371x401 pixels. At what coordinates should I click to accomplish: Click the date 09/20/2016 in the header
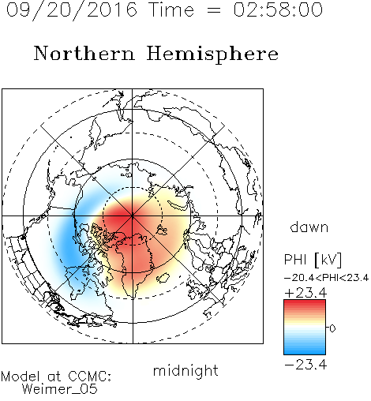[x=72, y=10]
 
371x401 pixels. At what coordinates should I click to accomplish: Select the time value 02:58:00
[x=278, y=9]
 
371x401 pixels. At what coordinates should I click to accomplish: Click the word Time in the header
[x=171, y=9]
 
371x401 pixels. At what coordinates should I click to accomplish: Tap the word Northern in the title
[x=84, y=53]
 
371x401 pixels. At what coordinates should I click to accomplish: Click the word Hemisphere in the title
[x=212, y=54]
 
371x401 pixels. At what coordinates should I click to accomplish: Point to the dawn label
[x=309, y=227]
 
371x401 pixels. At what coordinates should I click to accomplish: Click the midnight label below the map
[x=185, y=371]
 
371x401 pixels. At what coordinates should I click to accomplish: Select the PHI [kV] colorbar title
[x=313, y=260]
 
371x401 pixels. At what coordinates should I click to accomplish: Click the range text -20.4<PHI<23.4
[x=326, y=278]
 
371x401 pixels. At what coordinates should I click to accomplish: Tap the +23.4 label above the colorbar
[x=305, y=293]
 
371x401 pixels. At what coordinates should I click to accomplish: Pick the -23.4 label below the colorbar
[x=305, y=365]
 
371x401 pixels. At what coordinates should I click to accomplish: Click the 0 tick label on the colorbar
[x=332, y=328]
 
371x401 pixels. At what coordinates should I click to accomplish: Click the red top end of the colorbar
[x=305, y=302]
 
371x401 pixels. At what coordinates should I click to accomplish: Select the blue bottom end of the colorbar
[x=305, y=352]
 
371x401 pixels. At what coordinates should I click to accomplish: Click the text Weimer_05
[x=60, y=389]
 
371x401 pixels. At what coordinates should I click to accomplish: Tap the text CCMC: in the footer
[x=90, y=377]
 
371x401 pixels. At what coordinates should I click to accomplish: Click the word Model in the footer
[x=21, y=377]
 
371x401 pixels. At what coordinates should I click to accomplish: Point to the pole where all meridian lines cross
[x=133, y=216]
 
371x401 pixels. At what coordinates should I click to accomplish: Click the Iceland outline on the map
[x=163, y=278]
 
